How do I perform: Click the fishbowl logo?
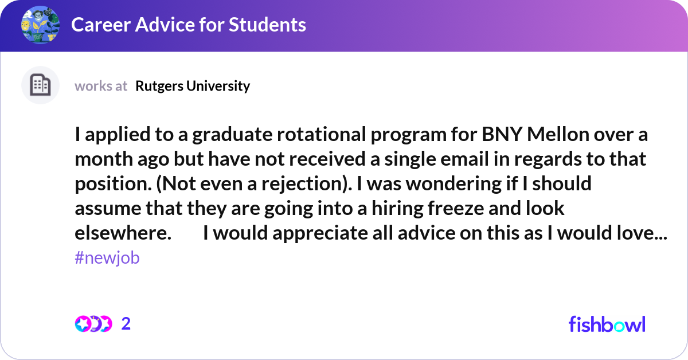click(607, 324)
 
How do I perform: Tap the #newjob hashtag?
click(107, 258)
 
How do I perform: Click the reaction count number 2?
click(126, 324)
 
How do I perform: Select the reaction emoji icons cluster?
click(93, 324)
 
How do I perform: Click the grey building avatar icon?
click(40, 85)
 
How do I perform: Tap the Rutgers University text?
click(193, 86)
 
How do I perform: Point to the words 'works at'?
click(101, 86)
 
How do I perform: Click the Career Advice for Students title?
click(189, 25)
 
